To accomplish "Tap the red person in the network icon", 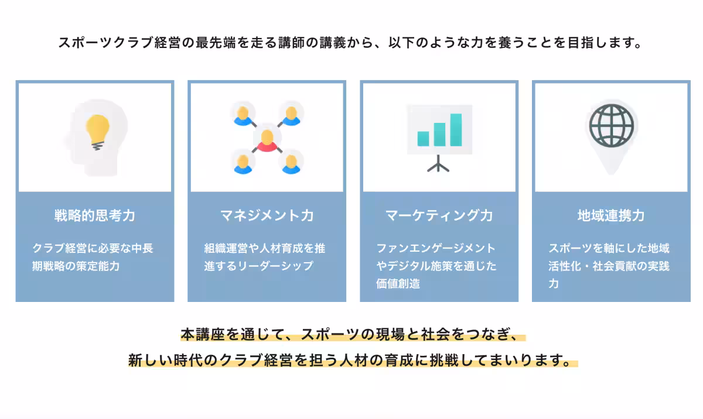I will click(x=267, y=140).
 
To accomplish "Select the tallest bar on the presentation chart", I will click(x=456, y=129).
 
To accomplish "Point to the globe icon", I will click(x=611, y=125).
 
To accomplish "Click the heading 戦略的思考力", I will click(x=95, y=215).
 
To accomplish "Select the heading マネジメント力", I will click(x=267, y=215).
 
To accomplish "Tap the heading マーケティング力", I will click(x=439, y=215).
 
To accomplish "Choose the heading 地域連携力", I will click(x=611, y=215).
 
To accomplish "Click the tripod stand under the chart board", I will click(x=439, y=164).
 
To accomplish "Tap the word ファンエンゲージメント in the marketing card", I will click(x=436, y=248).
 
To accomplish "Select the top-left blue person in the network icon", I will click(x=243, y=114).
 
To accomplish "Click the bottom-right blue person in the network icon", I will click(x=291, y=163).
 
